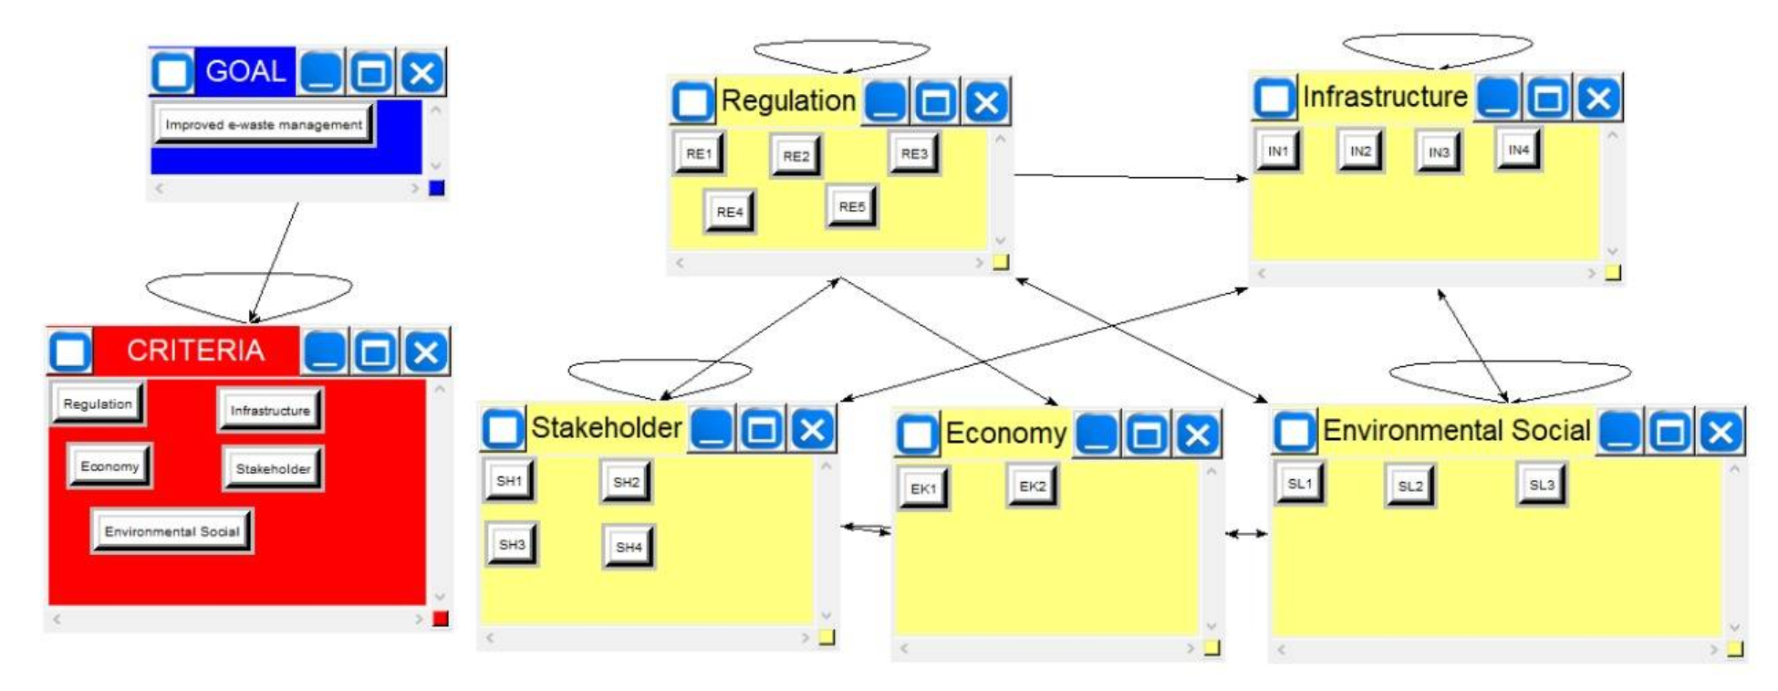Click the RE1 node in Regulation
tap(699, 153)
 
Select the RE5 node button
tap(851, 206)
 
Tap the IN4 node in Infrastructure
tap(1518, 150)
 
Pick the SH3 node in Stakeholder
tap(511, 544)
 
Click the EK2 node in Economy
tap(1032, 486)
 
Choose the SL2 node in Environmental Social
tap(1409, 486)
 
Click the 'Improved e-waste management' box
tap(264, 124)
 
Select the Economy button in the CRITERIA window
tap(109, 466)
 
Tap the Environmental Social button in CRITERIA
tap(172, 531)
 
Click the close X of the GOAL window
tap(421, 72)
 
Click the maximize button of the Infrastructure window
tap(1547, 98)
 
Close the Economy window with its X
tap(1197, 435)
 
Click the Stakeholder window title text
tap(606, 427)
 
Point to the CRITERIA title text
tap(195, 351)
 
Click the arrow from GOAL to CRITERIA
tap(276, 260)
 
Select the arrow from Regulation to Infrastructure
tap(1131, 177)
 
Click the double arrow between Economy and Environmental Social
tap(1246, 533)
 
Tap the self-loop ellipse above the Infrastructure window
tap(1437, 38)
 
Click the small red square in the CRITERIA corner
tap(440, 619)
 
